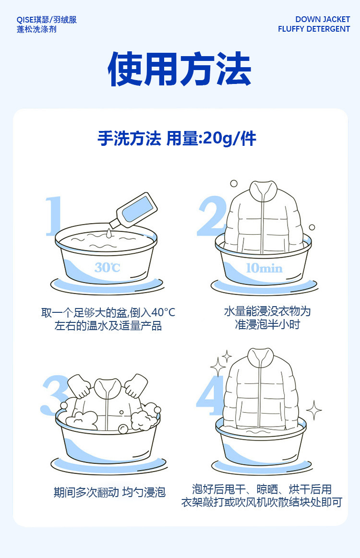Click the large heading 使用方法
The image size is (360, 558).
[180, 70]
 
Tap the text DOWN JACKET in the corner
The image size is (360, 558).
[323, 20]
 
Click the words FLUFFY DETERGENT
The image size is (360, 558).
[314, 29]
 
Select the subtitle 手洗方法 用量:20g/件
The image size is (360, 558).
[177, 139]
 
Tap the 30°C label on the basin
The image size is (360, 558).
[107, 267]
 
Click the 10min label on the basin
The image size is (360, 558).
[264, 268]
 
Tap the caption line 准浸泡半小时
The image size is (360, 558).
[267, 325]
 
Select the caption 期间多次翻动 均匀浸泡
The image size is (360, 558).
[109, 492]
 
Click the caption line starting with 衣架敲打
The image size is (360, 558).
[262, 503]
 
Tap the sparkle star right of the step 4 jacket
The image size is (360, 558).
[314, 410]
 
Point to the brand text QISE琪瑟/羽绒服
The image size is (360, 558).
[47, 20]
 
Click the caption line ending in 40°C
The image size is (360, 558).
[108, 313]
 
